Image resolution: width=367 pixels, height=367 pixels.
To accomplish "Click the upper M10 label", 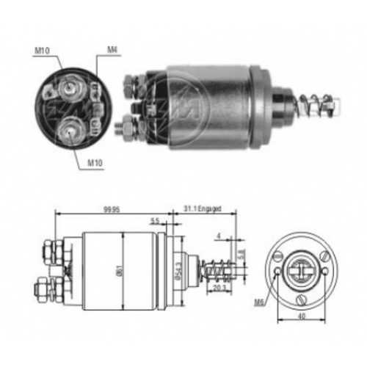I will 42,51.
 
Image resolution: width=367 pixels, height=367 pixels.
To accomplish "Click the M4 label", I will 112,50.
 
